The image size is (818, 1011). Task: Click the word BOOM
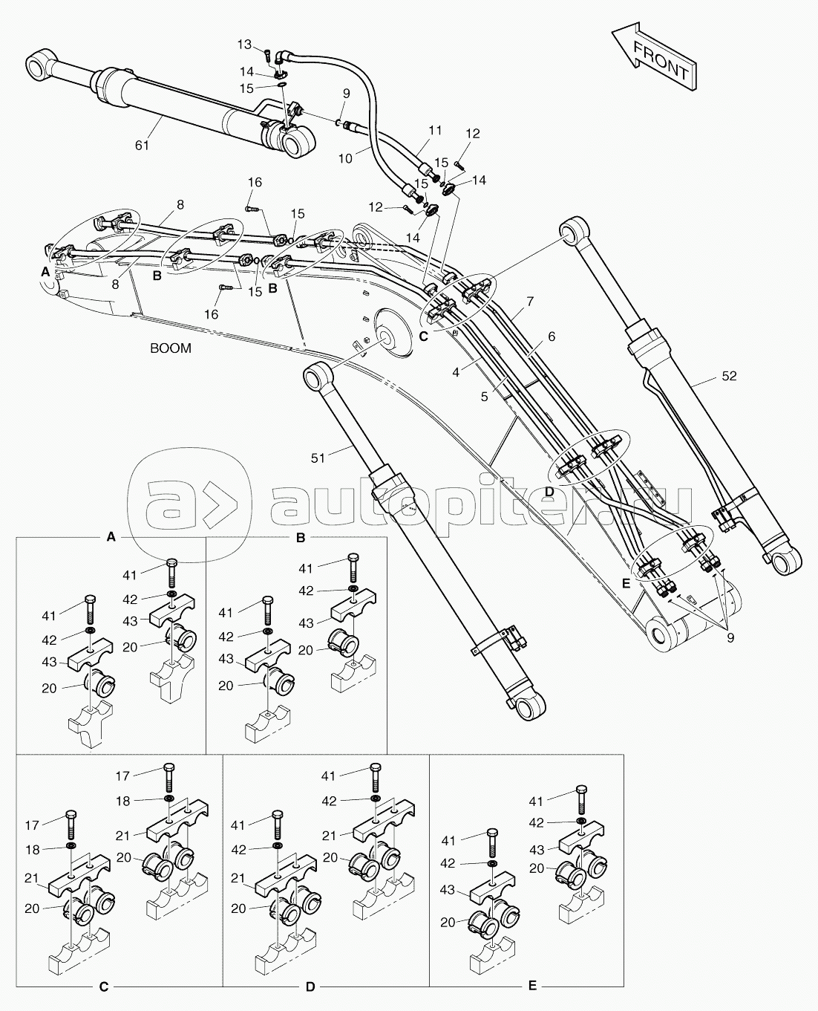(170, 348)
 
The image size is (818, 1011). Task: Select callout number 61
(142, 145)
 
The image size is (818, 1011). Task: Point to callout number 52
(729, 376)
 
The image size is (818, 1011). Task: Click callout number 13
(245, 45)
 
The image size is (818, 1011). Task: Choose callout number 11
(435, 131)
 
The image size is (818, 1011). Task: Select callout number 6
(552, 336)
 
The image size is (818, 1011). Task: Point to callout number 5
(484, 397)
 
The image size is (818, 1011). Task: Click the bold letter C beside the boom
(423, 336)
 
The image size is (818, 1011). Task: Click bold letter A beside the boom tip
(45, 273)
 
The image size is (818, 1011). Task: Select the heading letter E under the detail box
(531, 986)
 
